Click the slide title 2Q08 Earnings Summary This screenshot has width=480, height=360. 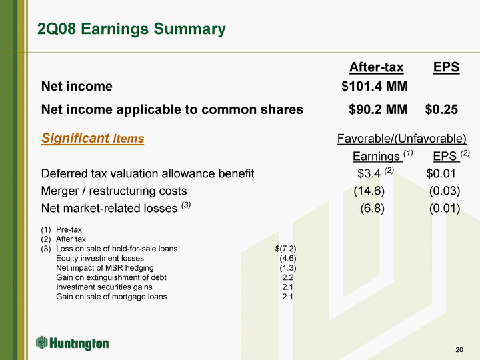[x=131, y=29]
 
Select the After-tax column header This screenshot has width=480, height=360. [x=376, y=67]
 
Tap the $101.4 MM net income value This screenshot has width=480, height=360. [x=375, y=86]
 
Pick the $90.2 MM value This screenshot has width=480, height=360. [x=379, y=109]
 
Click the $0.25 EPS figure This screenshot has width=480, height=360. [x=441, y=109]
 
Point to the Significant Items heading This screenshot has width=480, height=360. [x=93, y=138]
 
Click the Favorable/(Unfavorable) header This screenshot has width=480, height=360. [x=401, y=139]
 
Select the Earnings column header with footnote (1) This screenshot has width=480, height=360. [x=383, y=156]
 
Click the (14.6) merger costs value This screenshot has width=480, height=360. [x=369, y=191]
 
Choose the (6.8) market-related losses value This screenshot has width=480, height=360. [x=372, y=208]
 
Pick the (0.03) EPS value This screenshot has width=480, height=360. [x=445, y=191]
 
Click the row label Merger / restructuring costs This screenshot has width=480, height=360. [x=114, y=191]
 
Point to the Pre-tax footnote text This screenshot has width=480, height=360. [x=69, y=229]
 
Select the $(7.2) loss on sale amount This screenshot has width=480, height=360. [x=285, y=249]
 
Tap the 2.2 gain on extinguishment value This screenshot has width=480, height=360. [x=288, y=277]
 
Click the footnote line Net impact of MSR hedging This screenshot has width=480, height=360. [x=105, y=268]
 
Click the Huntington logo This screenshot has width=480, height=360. [x=73, y=343]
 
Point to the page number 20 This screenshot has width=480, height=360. [x=459, y=349]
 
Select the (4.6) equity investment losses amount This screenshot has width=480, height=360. [x=288, y=258]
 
